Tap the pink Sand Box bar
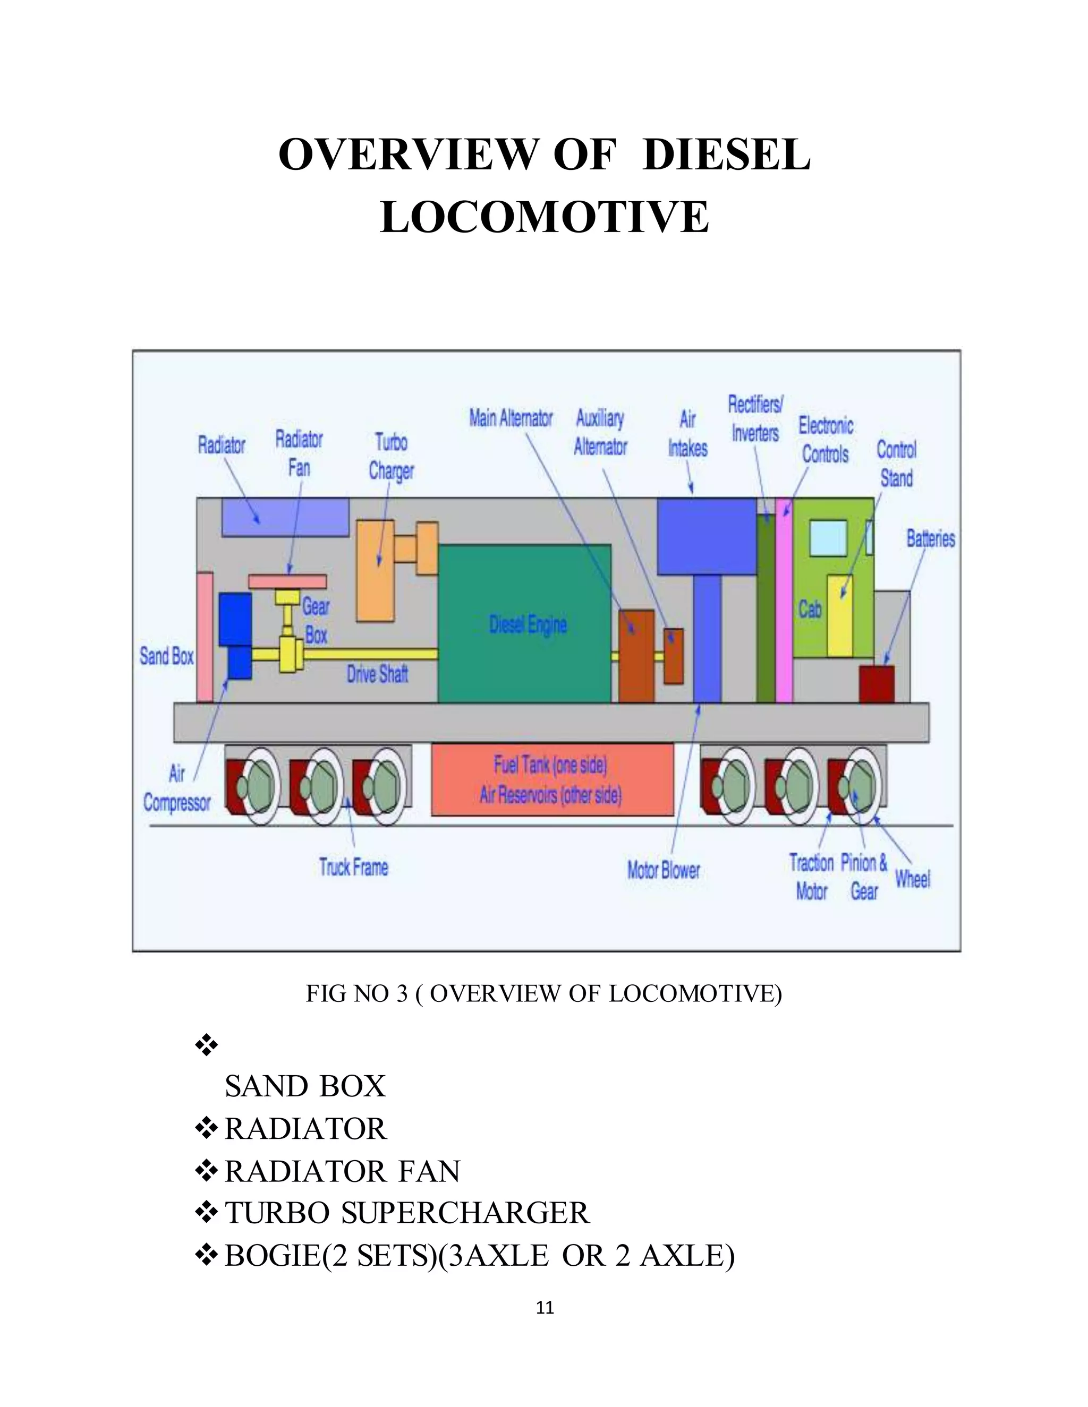click(205, 637)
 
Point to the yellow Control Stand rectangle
click(839, 616)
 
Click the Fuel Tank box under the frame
click(552, 779)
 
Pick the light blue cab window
click(828, 538)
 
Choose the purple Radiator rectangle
click(285, 517)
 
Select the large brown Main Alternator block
click(636, 656)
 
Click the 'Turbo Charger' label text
click(391, 456)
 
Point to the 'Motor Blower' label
click(663, 870)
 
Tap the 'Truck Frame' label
click(353, 867)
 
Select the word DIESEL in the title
click(726, 155)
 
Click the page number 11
click(545, 1307)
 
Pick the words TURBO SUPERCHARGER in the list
click(406, 1213)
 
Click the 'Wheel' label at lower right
click(912, 879)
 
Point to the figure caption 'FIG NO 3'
click(356, 994)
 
